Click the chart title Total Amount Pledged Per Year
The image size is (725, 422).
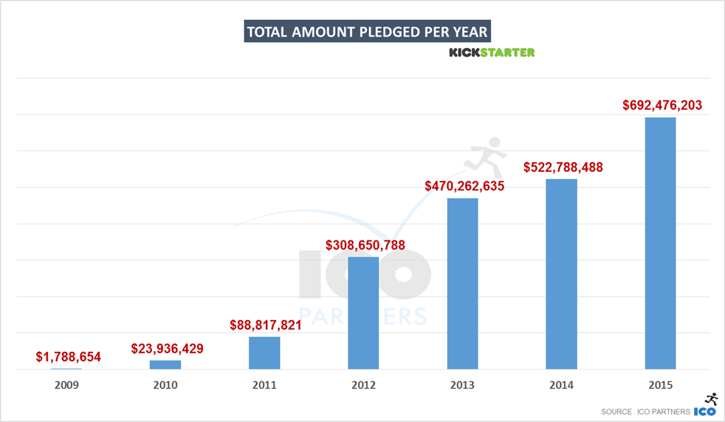pos(367,32)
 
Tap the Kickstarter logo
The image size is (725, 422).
pos(492,52)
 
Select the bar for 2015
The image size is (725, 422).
pos(660,243)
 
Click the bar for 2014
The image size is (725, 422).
pos(561,274)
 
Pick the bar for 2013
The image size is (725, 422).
pos(462,283)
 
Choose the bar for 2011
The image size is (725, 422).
pos(264,353)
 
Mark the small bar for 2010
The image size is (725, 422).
pos(165,364)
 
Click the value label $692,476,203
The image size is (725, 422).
pos(660,106)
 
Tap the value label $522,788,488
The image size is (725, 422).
pos(563,167)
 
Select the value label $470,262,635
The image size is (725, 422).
pos(464,187)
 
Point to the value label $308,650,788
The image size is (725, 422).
pos(365,245)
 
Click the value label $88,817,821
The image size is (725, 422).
pos(266,325)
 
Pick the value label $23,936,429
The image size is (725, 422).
pos(168,348)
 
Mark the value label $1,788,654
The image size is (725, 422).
pos(68,358)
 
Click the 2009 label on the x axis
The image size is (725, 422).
pos(66,385)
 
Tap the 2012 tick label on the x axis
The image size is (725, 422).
pos(363,385)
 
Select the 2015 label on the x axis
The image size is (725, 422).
pos(660,385)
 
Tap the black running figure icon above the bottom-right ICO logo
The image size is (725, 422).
pos(710,398)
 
